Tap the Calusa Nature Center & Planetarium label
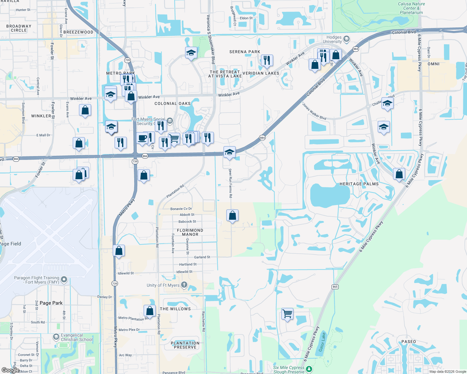coord(411,8)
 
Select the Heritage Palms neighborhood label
coord(359,184)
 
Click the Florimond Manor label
coord(190,232)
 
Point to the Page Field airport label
coord(10,244)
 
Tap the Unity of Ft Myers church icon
coord(184,285)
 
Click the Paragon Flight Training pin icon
coord(64,279)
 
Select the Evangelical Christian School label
coord(76,337)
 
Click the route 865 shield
coord(335,287)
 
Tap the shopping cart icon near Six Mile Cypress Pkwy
coord(287,313)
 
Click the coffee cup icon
coord(142,138)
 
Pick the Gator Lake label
coord(322,342)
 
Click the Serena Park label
coord(245,52)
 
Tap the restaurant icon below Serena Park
coord(267,60)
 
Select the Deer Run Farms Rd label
coord(230,183)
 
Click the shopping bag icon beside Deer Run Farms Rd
coord(233,215)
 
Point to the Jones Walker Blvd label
coord(314,112)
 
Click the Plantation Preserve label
coord(185,345)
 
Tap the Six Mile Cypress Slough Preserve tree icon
coord(309,369)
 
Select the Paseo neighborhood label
coord(409,342)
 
